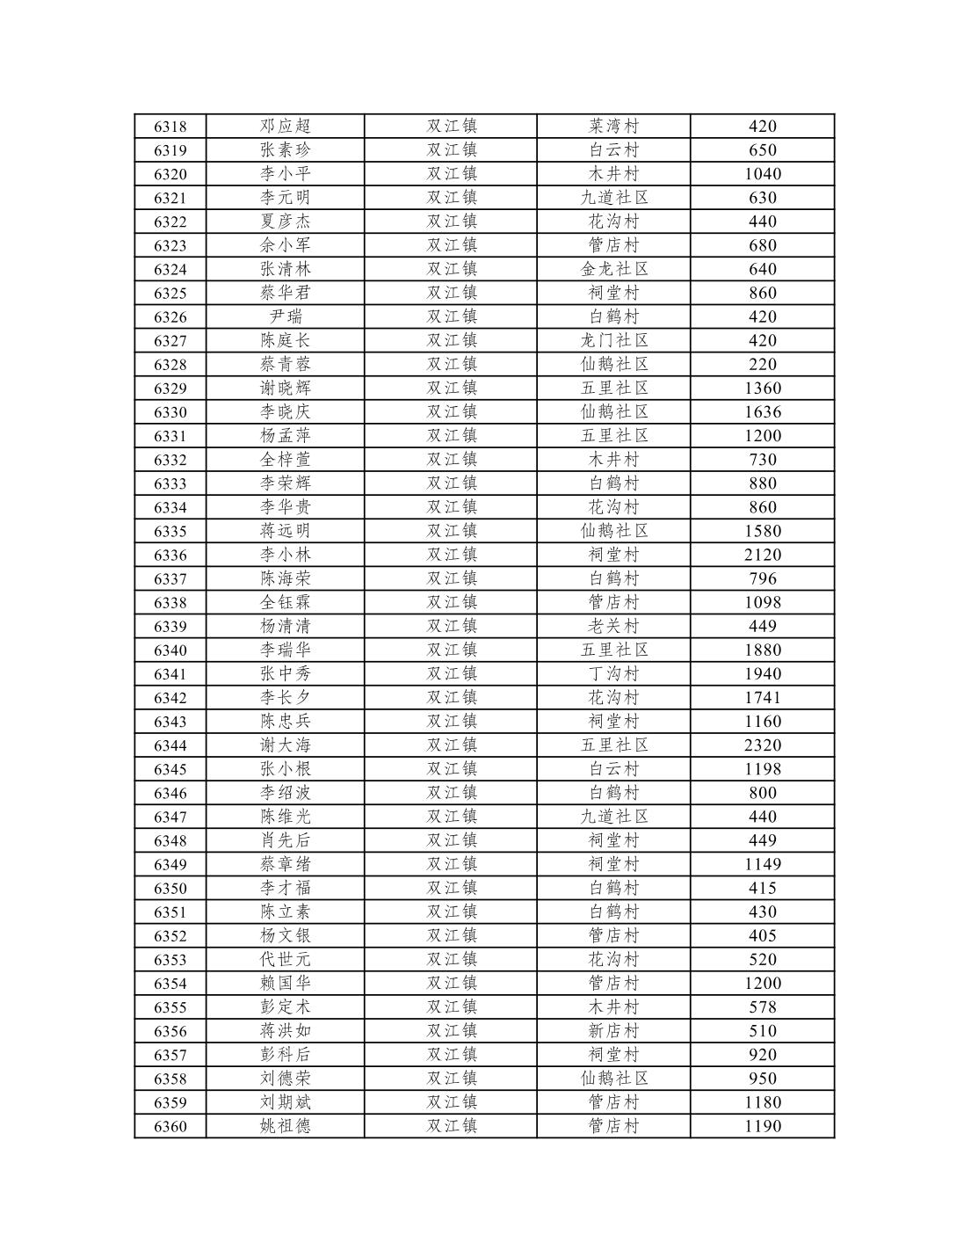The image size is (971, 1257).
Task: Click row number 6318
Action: click(x=170, y=127)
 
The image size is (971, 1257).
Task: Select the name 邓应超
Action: click(x=285, y=127)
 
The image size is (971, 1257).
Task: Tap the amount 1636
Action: click(x=762, y=412)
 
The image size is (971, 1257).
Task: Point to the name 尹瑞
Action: click(x=285, y=317)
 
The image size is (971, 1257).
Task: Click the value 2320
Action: click(x=762, y=745)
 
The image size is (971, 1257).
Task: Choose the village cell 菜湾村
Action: click(x=613, y=127)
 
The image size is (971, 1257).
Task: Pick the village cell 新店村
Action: click(x=613, y=1031)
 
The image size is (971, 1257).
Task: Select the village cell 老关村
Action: click(x=613, y=627)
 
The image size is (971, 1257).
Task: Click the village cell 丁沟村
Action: click(x=613, y=674)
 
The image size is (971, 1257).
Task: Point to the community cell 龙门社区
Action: click(x=613, y=341)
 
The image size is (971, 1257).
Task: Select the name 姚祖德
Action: click(x=285, y=1126)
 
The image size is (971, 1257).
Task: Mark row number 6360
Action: click(x=170, y=1126)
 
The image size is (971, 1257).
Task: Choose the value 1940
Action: click(x=762, y=674)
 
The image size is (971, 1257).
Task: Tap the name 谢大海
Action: click(x=285, y=745)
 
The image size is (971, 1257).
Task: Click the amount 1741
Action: click(x=762, y=698)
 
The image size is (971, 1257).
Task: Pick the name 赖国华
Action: click(x=285, y=984)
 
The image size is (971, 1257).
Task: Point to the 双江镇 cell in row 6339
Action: click(x=452, y=627)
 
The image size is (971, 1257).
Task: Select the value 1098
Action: click(x=762, y=603)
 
